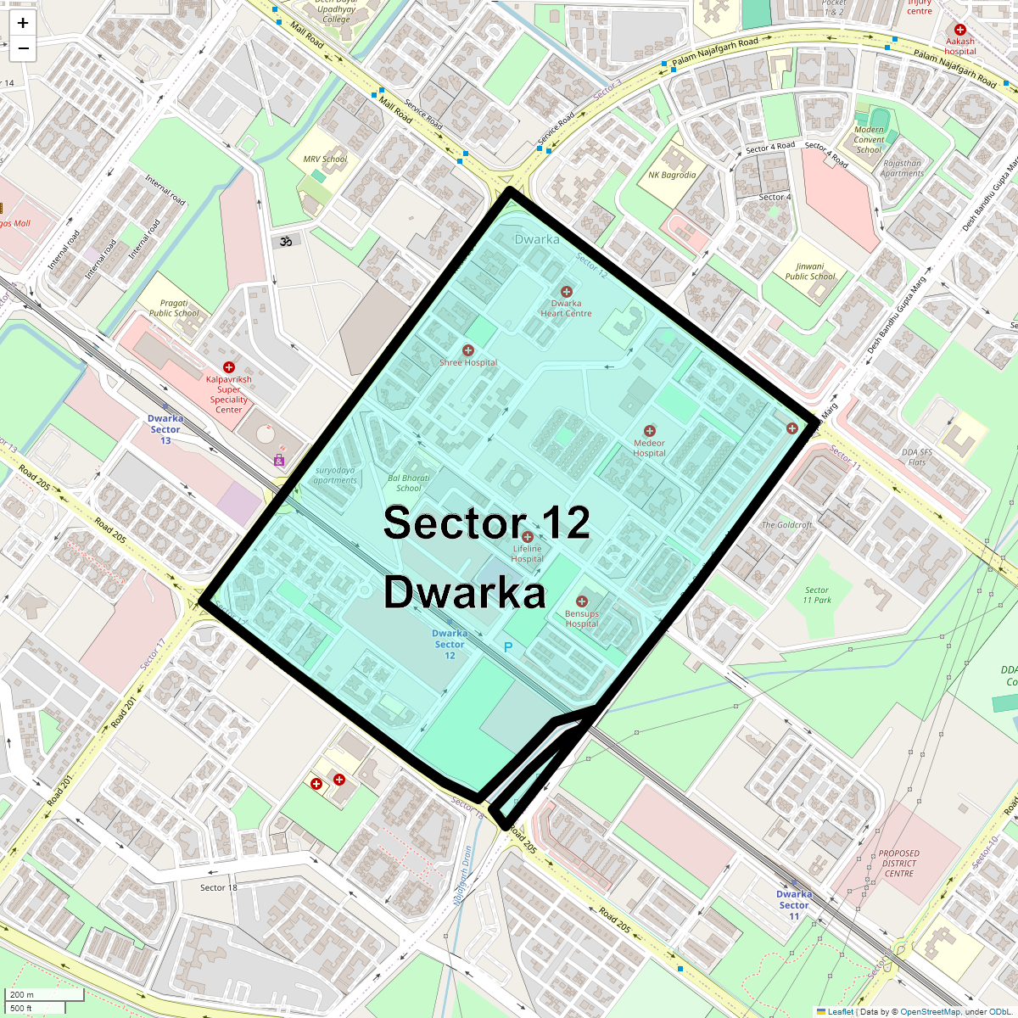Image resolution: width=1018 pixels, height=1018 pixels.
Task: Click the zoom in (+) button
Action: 23,23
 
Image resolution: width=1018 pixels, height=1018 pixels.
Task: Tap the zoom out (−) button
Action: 23,48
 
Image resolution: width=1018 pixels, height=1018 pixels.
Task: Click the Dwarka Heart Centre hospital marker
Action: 567,292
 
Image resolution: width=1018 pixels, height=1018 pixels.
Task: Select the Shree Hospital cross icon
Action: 467,350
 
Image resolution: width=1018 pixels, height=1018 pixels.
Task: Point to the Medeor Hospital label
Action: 649,448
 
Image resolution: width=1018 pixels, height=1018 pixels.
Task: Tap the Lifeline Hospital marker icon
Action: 528,537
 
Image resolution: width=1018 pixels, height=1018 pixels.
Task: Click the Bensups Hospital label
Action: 582,618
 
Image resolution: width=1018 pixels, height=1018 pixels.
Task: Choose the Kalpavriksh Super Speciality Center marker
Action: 228,367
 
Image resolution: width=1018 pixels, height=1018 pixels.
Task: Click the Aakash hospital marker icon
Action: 960,30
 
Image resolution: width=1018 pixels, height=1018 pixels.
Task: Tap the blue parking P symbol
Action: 508,647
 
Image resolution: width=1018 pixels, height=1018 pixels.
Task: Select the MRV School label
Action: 326,159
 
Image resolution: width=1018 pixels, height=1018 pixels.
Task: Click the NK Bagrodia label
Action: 672,175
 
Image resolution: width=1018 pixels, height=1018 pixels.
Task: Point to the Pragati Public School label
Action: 174,308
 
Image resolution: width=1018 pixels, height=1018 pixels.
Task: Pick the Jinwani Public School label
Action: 810,271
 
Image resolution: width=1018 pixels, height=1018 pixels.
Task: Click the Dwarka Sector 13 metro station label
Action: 165,429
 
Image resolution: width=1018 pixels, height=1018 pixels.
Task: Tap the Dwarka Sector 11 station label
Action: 794,905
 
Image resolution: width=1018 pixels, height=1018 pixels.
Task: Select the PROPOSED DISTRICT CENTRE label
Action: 899,864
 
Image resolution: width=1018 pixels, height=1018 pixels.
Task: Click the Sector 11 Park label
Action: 818,595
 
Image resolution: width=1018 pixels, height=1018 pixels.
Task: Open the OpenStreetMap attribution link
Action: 930,1011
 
